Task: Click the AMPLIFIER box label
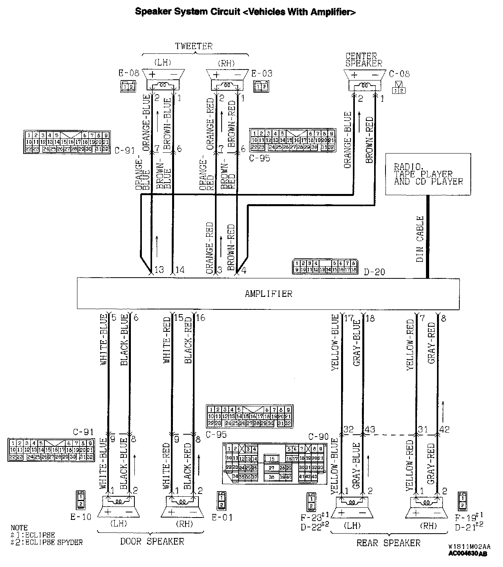click(268, 294)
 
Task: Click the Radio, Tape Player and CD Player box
click(428, 174)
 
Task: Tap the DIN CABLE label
click(420, 239)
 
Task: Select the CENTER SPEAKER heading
click(363, 60)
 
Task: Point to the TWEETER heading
click(194, 46)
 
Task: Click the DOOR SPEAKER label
click(152, 542)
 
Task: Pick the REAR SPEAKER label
click(388, 543)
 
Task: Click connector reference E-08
click(129, 73)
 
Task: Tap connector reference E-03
click(262, 73)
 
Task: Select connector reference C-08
click(399, 74)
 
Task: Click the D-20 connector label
click(374, 271)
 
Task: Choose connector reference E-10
click(81, 517)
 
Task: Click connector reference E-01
click(222, 518)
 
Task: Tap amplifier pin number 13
click(159, 270)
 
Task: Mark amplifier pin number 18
click(370, 318)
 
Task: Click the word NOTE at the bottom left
click(19, 528)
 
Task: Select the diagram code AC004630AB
click(468, 554)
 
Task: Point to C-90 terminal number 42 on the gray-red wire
click(444, 430)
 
